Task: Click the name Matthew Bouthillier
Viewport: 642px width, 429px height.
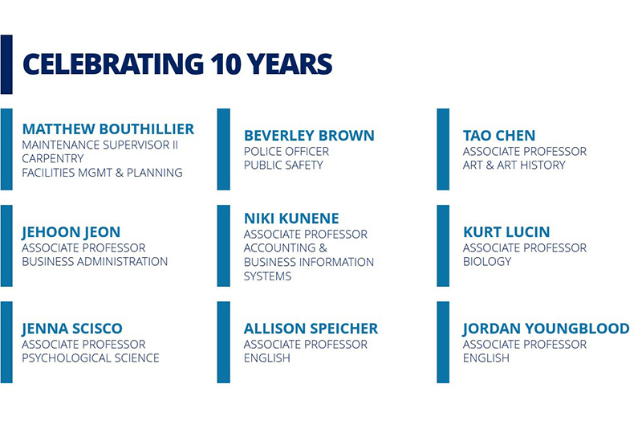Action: pos(108,129)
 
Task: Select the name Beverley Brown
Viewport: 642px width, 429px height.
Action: pos(309,136)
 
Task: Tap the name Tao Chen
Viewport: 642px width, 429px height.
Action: pos(499,136)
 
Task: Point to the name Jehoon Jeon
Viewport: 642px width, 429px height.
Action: pos(71,232)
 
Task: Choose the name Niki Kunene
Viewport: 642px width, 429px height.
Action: pos(291,219)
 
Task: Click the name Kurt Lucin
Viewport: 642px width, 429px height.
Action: pos(506,232)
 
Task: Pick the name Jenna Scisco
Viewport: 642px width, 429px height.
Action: pos(72,329)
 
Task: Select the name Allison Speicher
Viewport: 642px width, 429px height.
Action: pos(311,329)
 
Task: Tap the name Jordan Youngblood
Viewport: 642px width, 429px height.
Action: pos(547,329)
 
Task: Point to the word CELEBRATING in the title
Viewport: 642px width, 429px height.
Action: pos(113,64)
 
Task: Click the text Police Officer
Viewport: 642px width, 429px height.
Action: pos(286,152)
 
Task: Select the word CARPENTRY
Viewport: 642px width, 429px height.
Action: pos(53,158)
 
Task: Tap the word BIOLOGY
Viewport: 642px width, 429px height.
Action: pos(487,261)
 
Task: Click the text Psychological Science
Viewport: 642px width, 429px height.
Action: pos(91,358)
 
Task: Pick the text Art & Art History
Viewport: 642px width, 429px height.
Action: pos(514,165)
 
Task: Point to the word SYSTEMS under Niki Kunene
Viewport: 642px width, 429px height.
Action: pos(267,276)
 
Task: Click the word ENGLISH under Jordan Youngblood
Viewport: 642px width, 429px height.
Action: pos(486,358)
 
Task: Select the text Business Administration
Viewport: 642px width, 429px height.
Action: pos(95,261)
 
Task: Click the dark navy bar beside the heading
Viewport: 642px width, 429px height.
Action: pos(6,64)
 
